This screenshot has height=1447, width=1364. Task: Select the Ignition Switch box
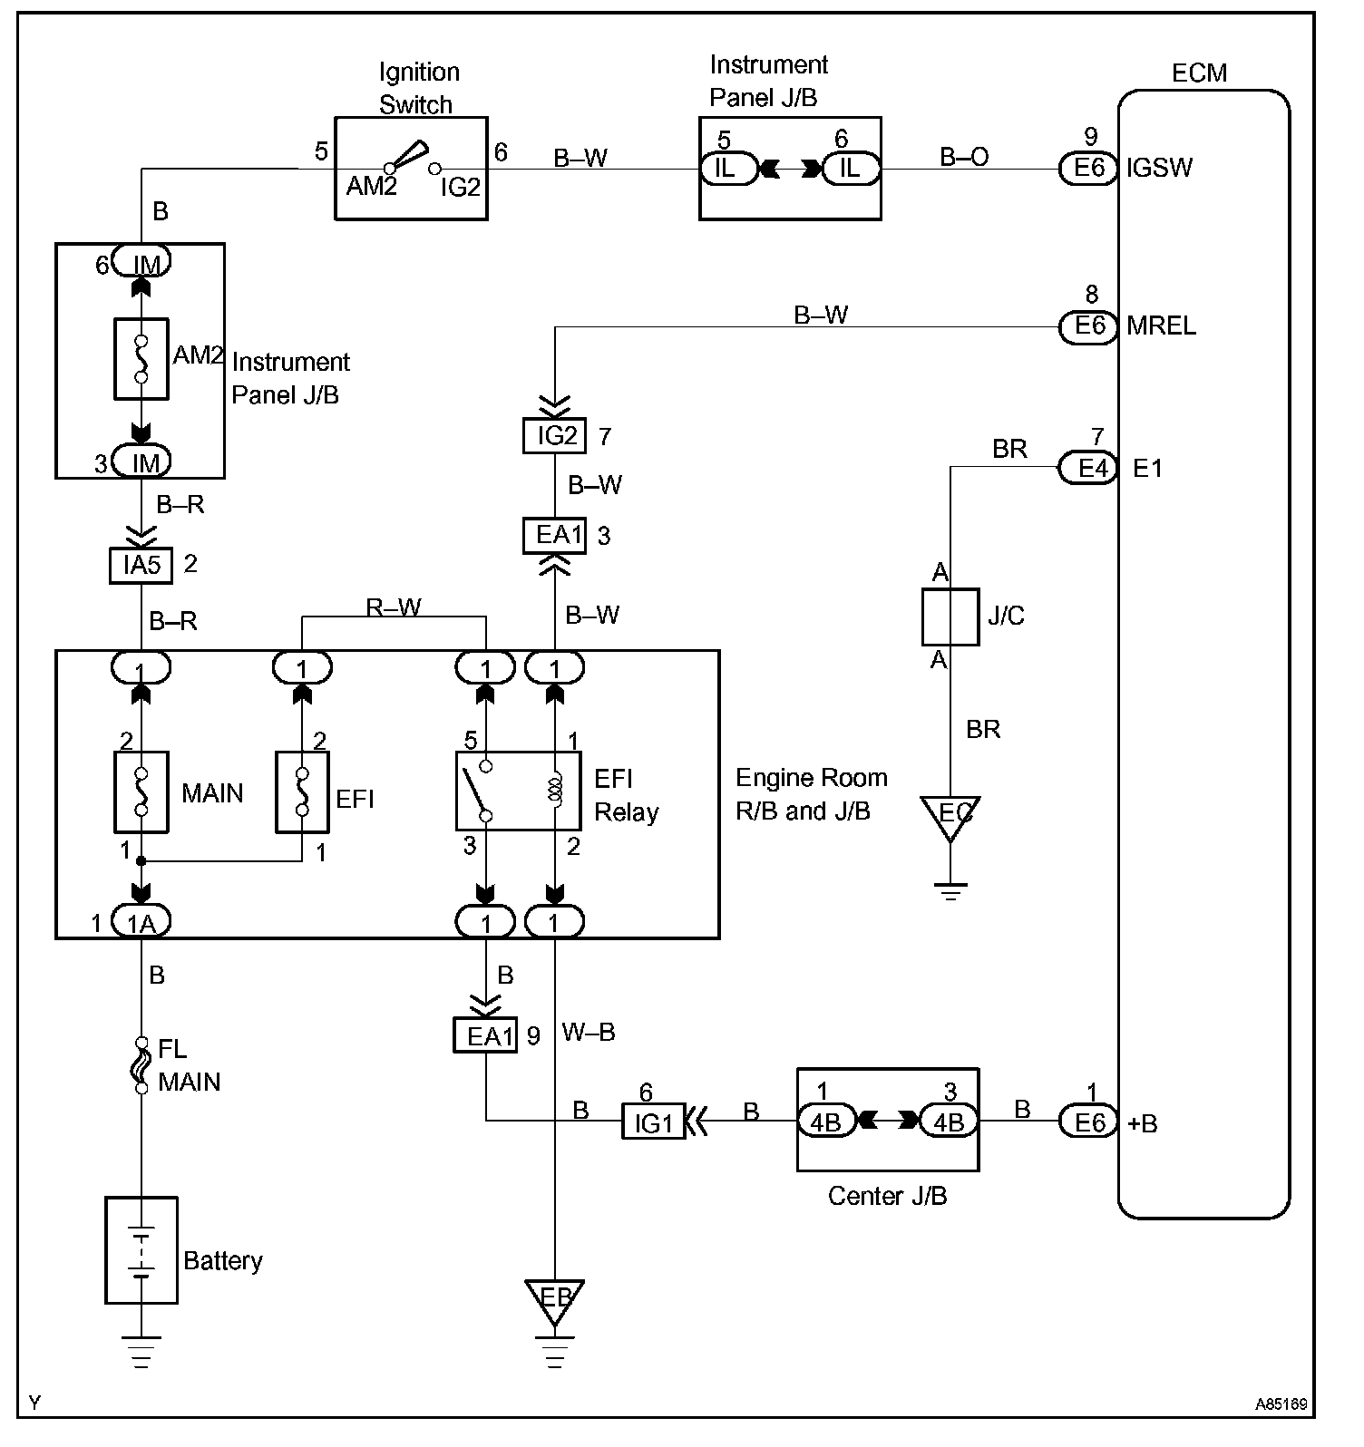click(411, 168)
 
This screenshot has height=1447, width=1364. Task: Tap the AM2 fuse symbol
click(141, 358)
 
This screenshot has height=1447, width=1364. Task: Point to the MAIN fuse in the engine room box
click(141, 791)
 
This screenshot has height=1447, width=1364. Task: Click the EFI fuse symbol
click(303, 791)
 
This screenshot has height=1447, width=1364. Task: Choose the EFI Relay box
click(518, 791)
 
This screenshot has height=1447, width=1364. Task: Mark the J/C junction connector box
click(950, 617)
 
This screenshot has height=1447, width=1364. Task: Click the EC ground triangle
click(950, 815)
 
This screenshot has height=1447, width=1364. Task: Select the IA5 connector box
click(141, 566)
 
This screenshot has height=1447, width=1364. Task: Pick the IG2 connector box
click(555, 436)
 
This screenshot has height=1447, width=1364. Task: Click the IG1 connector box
click(653, 1122)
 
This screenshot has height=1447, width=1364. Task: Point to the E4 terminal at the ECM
click(1089, 469)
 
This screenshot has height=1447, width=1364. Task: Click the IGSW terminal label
click(1160, 168)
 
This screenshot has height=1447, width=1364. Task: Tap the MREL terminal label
click(1161, 325)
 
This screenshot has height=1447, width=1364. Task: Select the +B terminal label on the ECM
click(1143, 1123)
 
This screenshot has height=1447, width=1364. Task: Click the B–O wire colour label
click(964, 157)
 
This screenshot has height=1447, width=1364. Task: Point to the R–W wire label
click(394, 607)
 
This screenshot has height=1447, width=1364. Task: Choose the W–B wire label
click(589, 1032)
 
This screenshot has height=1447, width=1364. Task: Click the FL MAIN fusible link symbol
click(141, 1064)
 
